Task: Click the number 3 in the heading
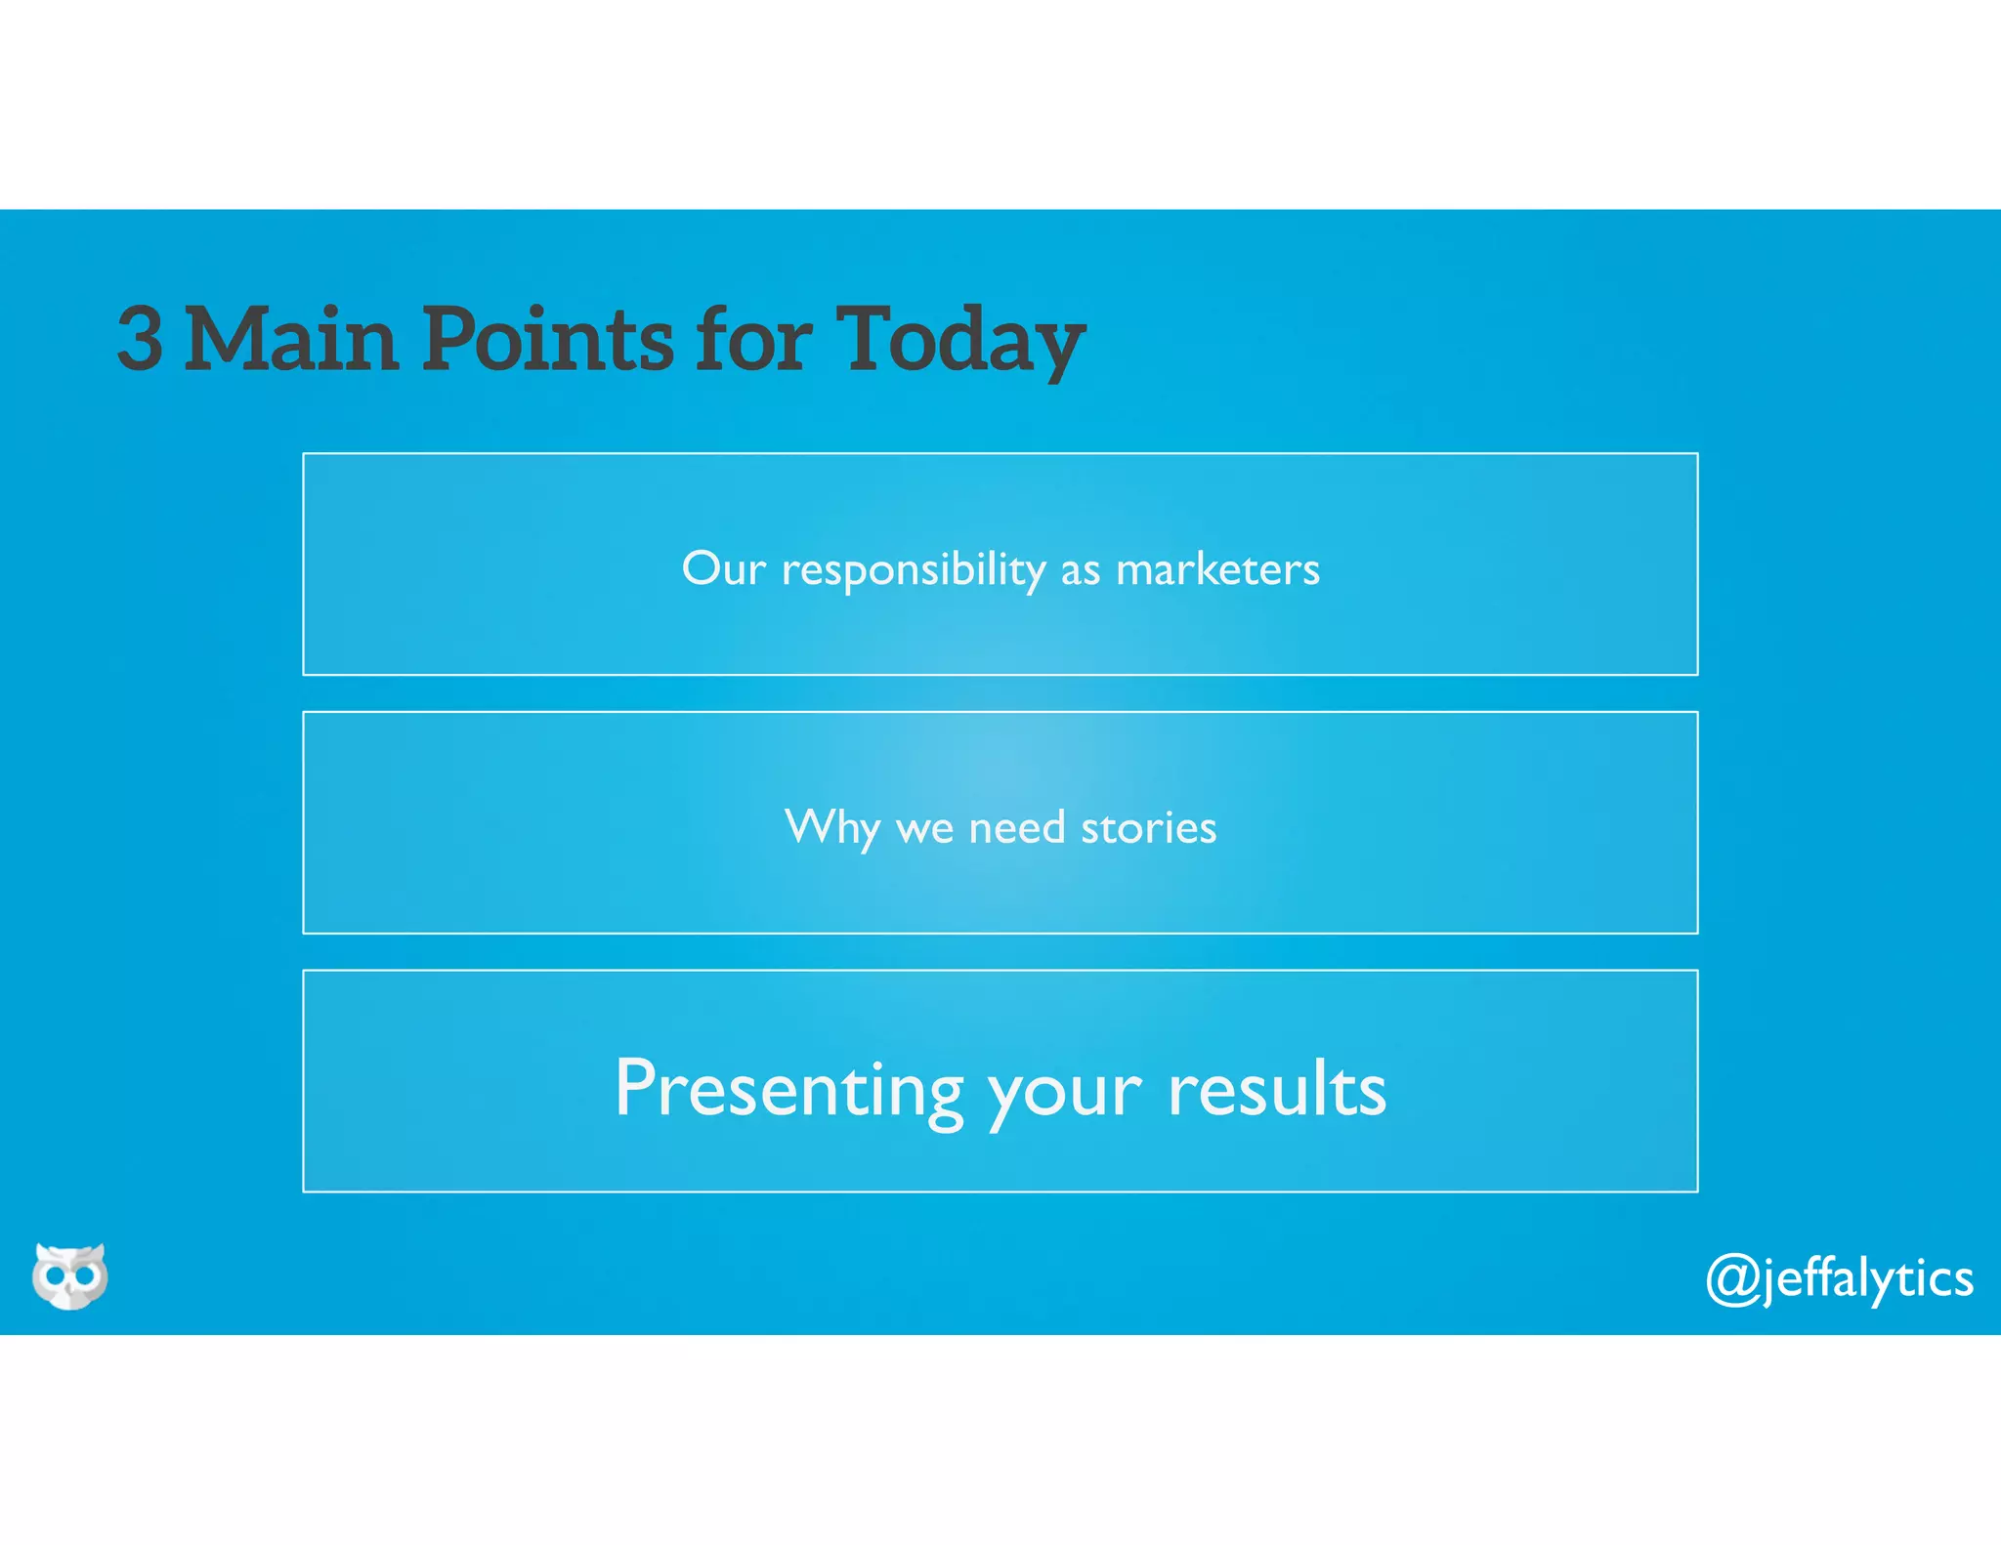140,338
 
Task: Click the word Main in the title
291,338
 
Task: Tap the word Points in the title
547,338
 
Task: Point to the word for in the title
752,338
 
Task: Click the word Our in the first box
723,568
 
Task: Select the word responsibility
914,570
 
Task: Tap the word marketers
1217,569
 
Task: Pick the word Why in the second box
831,828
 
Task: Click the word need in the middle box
1016,828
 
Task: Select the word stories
1149,828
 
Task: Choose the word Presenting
789,1090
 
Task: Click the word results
1277,1090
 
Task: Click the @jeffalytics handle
1839,1279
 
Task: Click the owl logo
69,1275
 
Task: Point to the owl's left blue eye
55,1275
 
